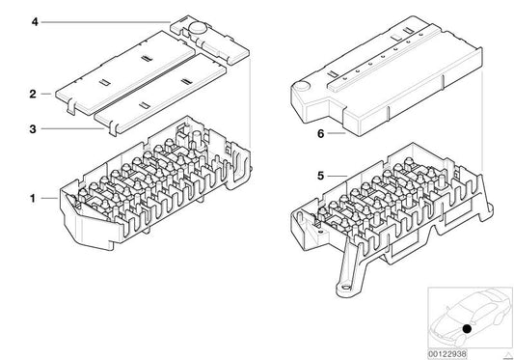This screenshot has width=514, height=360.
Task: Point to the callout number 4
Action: click(x=36, y=20)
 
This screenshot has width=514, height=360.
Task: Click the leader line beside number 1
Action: click(x=50, y=199)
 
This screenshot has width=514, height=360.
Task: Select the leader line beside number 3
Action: click(x=68, y=127)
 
